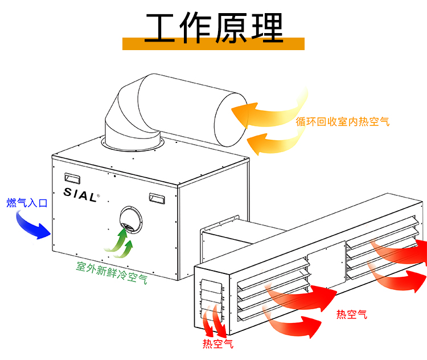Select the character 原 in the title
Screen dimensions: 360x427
[232, 26]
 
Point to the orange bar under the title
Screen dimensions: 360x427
[213, 44]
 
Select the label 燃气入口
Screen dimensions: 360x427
[27, 203]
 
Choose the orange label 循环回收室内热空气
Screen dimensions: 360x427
[343, 121]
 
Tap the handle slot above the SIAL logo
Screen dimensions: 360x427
[72, 177]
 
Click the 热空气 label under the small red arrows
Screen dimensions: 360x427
[217, 344]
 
